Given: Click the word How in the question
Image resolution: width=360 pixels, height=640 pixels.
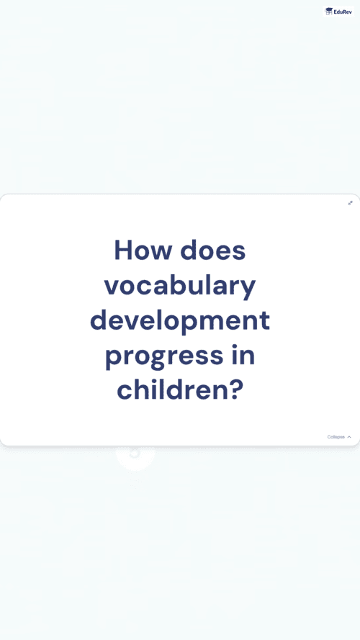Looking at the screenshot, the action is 143,250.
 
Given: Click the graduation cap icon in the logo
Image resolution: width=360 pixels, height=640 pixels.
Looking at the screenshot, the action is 328,12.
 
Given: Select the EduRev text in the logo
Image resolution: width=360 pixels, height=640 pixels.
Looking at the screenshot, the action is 343,12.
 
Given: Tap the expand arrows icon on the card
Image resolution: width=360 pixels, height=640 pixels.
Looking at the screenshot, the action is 350,203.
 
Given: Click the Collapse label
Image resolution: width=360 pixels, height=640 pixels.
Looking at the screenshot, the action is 336,437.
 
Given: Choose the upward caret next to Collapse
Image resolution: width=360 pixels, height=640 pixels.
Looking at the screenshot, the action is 349,437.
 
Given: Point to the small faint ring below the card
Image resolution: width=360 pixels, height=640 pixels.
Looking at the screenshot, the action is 135,454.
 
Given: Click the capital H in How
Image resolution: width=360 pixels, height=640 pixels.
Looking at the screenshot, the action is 123,250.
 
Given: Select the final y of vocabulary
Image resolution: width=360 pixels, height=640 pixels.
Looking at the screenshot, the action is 248,290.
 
